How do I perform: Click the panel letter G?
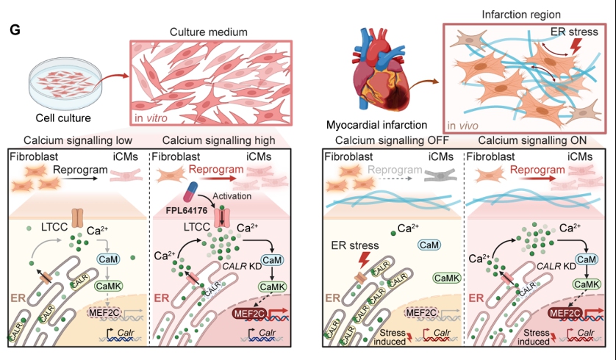tap(15, 29)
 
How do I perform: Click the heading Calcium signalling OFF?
tap(387, 140)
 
